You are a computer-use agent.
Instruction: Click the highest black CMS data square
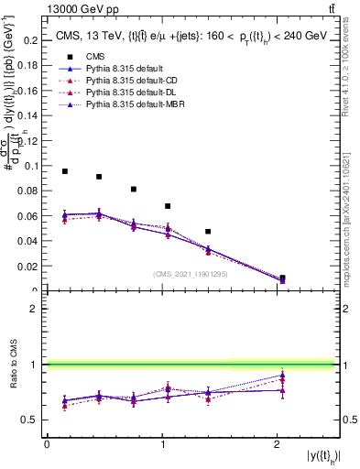tap(65, 171)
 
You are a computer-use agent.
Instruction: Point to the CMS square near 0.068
tap(168, 206)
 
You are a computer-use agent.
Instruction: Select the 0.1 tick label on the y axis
tap(33, 166)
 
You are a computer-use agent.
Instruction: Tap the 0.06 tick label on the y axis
tap(30, 216)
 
